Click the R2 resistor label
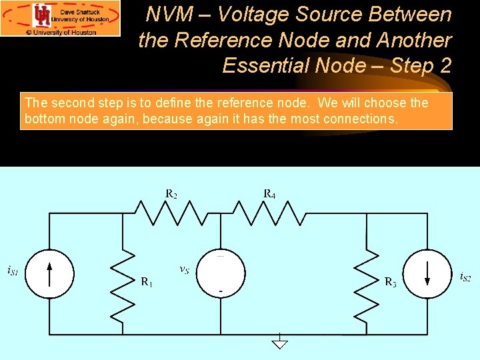pyautogui.click(x=171, y=195)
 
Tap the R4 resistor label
pyautogui.click(x=269, y=194)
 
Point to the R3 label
pyautogui.click(x=391, y=282)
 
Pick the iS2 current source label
pyautogui.click(x=465, y=277)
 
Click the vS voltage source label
pyautogui.click(x=184, y=269)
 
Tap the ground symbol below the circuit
pyautogui.click(x=280, y=343)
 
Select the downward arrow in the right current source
pyautogui.click(x=427, y=273)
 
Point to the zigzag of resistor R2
pyautogui.click(x=169, y=213)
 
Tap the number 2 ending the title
pyautogui.click(x=445, y=65)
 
